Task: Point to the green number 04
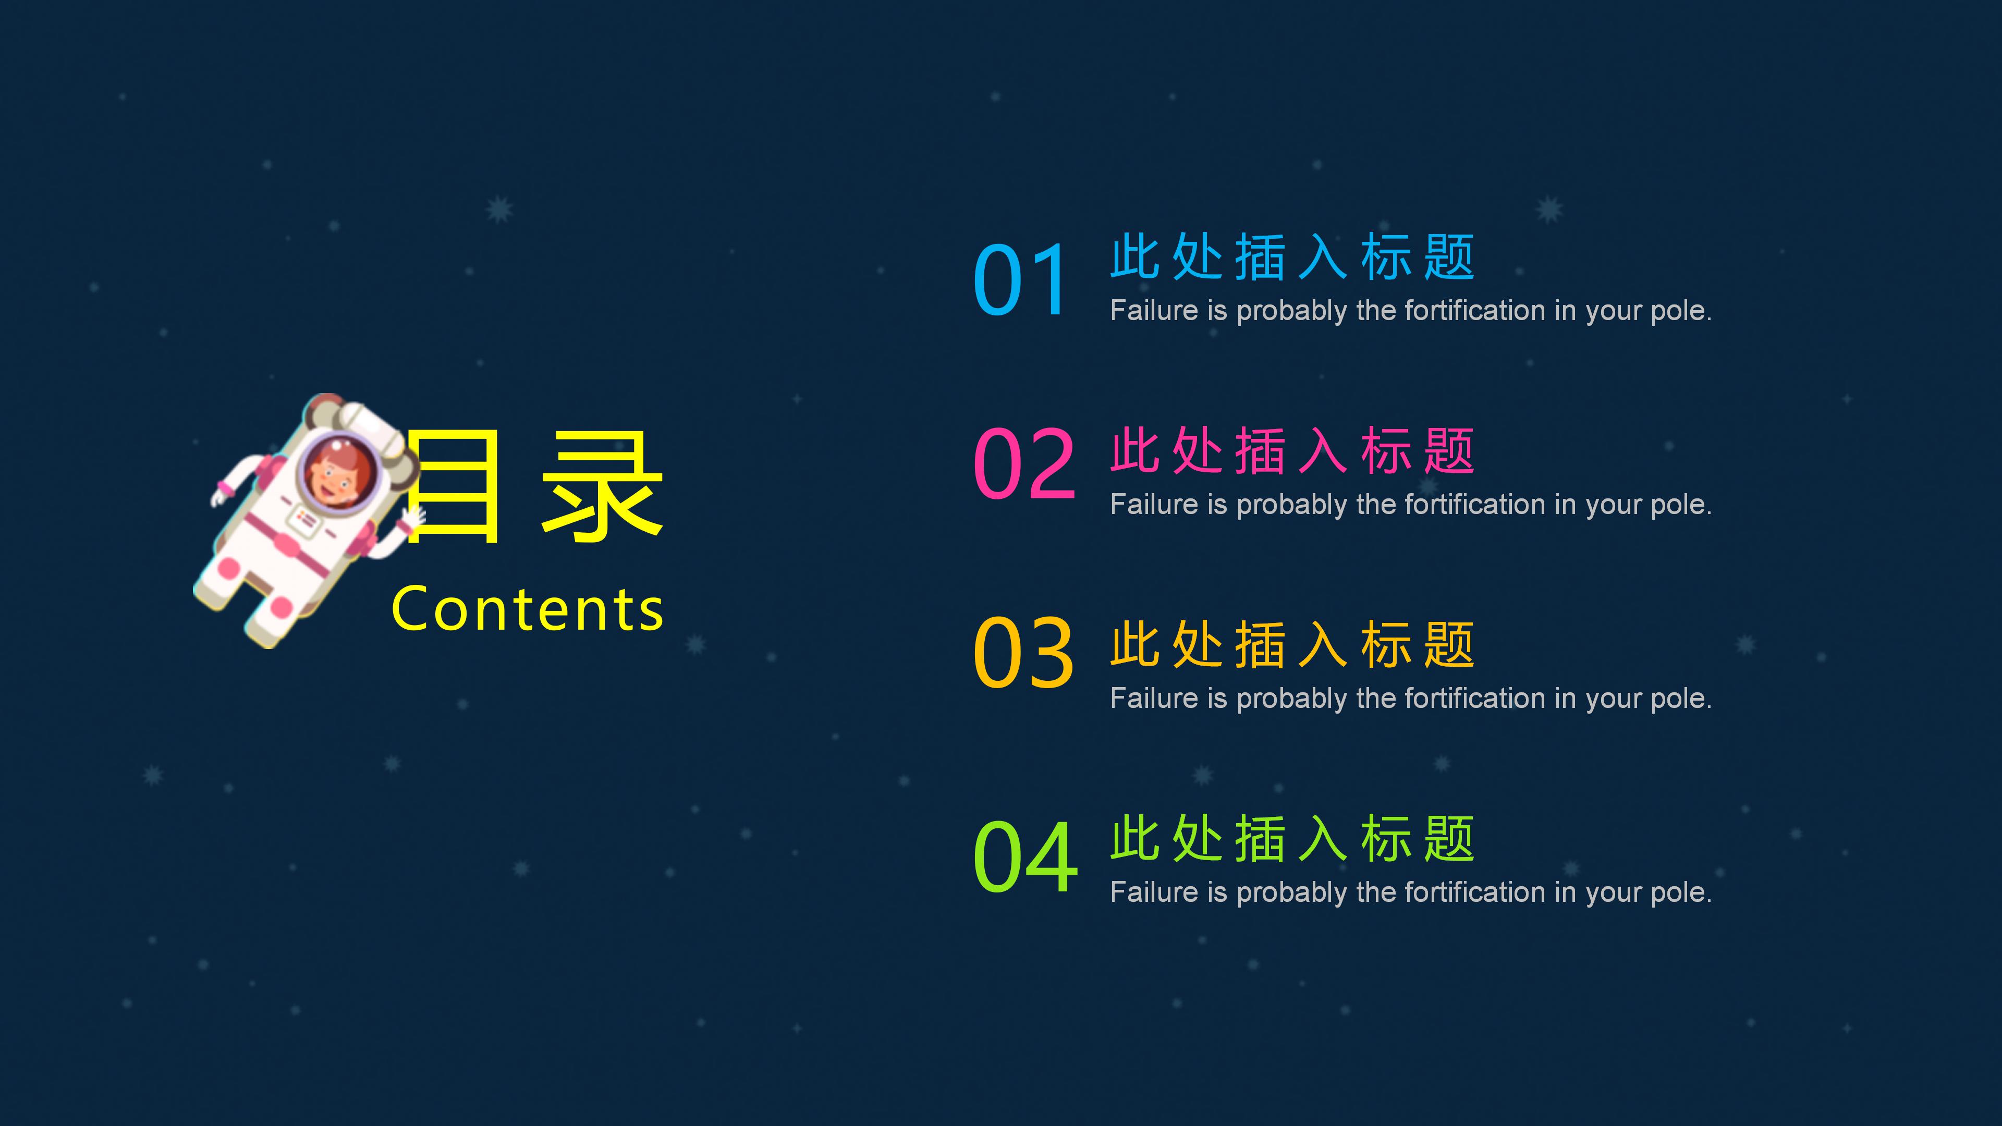click(x=1025, y=856)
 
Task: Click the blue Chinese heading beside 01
click(x=1292, y=256)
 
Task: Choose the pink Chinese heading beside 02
click(x=1292, y=451)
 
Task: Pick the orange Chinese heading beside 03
click(x=1292, y=644)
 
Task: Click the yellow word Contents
click(x=528, y=609)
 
